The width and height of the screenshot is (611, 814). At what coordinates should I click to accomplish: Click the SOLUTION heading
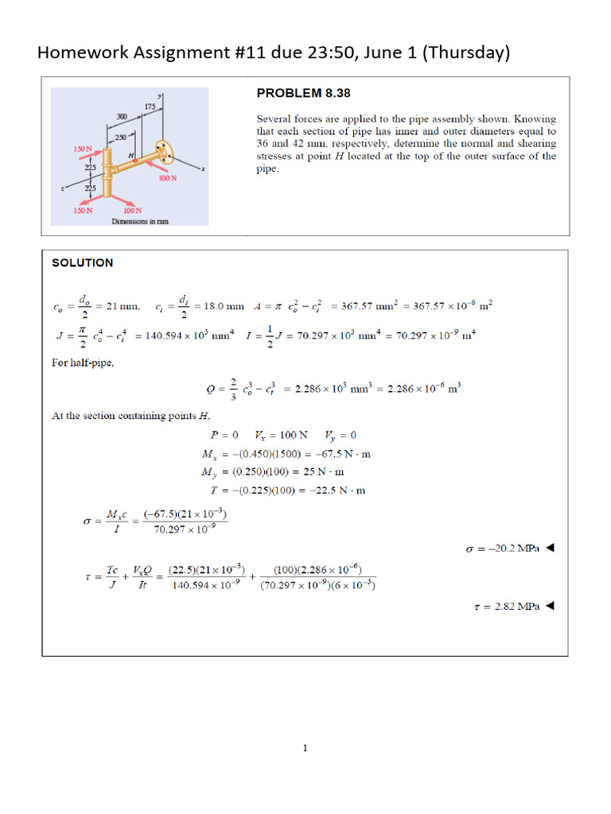click(83, 263)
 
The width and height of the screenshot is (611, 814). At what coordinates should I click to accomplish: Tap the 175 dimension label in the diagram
click(149, 106)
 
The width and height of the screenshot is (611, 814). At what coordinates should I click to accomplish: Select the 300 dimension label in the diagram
click(122, 117)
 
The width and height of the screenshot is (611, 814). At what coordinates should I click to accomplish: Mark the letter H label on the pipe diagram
click(130, 155)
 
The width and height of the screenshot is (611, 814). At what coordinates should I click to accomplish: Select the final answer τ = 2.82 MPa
click(503, 606)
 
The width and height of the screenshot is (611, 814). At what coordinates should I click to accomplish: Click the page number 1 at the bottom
click(305, 748)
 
